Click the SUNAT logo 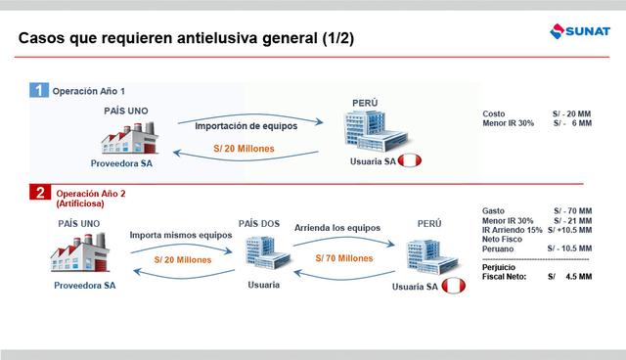[x=581, y=36]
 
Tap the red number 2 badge [x=38, y=194]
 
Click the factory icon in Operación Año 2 [x=79, y=255]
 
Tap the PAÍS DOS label [x=260, y=224]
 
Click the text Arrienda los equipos [x=338, y=227]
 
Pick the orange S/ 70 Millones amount [x=343, y=258]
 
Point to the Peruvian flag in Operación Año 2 [x=452, y=286]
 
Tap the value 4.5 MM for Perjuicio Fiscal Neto [x=580, y=277]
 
